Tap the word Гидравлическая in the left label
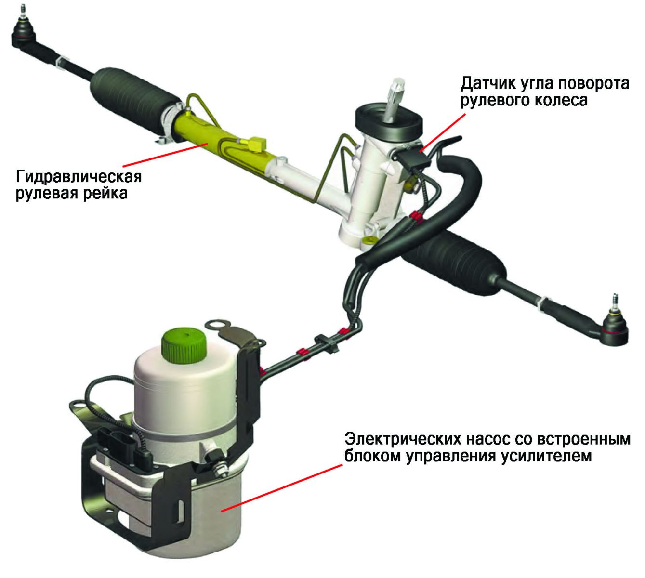click(x=79, y=176)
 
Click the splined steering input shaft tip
click(x=396, y=95)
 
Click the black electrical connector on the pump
click(x=126, y=446)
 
